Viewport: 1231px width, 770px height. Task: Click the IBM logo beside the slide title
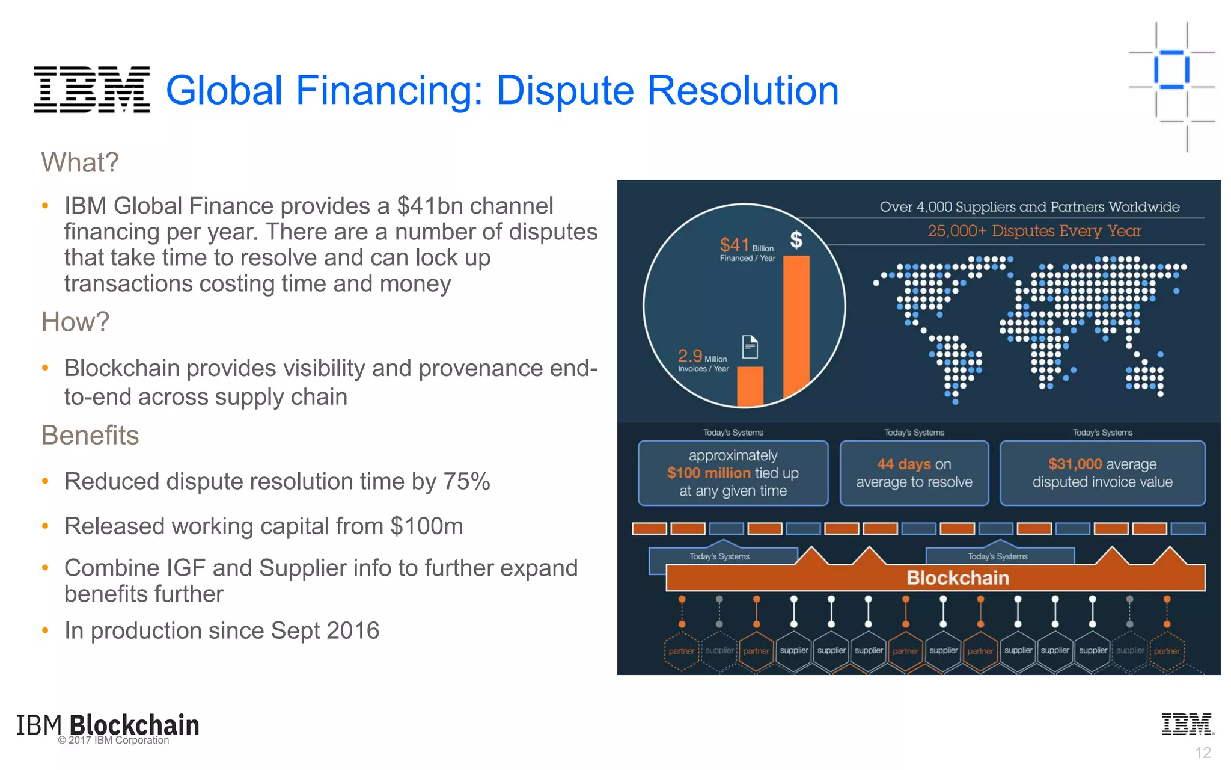pyautogui.click(x=91, y=90)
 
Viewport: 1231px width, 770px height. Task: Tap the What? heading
pyautogui.click(x=80, y=162)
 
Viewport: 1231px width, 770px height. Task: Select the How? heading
pyautogui.click(x=75, y=322)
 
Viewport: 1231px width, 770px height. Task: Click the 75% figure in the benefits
pyautogui.click(x=466, y=481)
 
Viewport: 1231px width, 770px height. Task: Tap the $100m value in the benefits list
pyautogui.click(x=426, y=526)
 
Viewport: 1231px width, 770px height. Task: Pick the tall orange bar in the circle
pyautogui.click(x=796, y=325)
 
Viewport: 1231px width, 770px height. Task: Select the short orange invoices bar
pyautogui.click(x=750, y=386)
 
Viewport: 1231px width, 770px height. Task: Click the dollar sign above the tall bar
pyautogui.click(x=796, y=239)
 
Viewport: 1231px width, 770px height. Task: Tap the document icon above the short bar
pyautogui.click(x=750, y=346)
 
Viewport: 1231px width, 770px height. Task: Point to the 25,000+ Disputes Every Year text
pyautogui.click(x=1034, y=231)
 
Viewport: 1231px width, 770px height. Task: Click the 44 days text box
pyautogui.click(x=914, y=473)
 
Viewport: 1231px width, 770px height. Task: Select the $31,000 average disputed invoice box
pyautogui.click(x=1102, y=473)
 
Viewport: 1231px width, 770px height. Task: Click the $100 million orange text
pyautogui.click(x=709, y=473)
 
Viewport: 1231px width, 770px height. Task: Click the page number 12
pyautogui.click(x=1202, y=753)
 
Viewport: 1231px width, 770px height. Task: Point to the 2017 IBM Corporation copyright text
pyautogui.click(x=114, y=741)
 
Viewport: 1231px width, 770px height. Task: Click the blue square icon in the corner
pyautogui.click(x=1171, y=70)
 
